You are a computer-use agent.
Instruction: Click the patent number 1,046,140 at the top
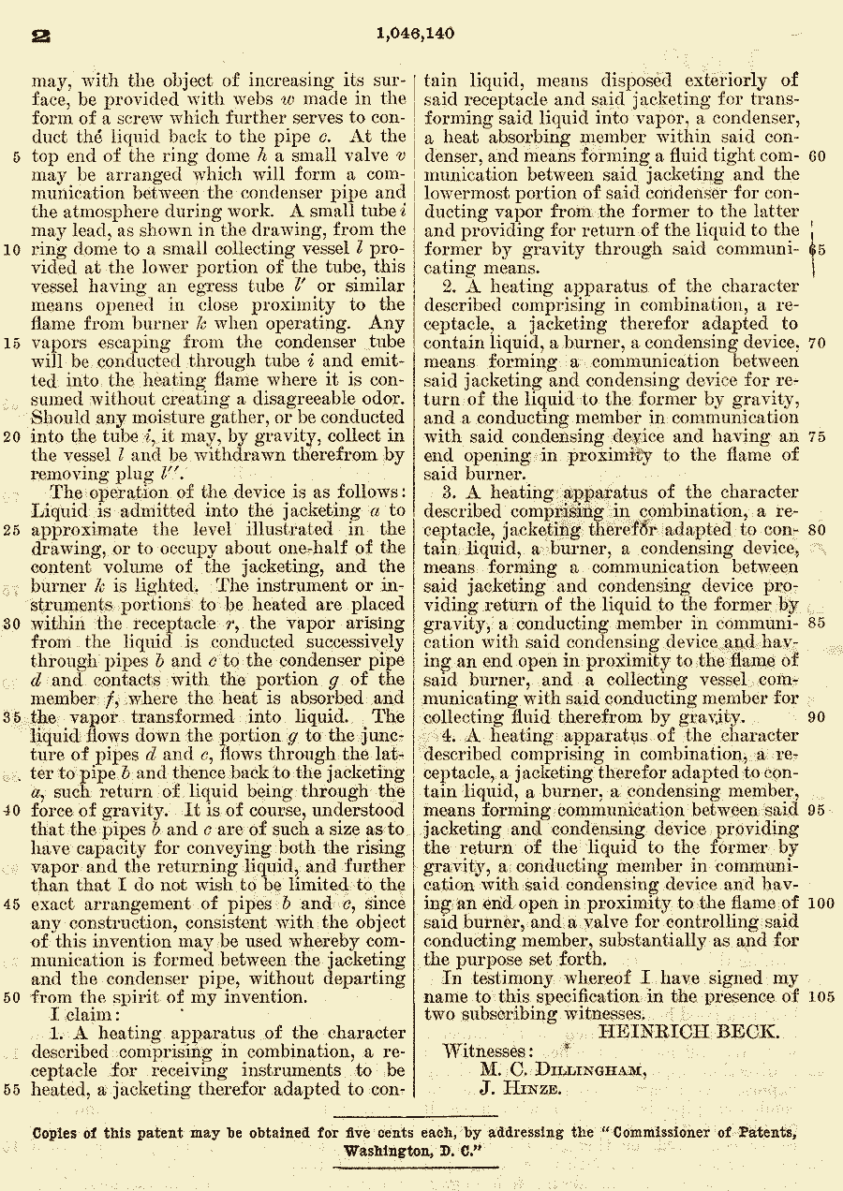415,35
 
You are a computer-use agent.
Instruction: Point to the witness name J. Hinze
521,1089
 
